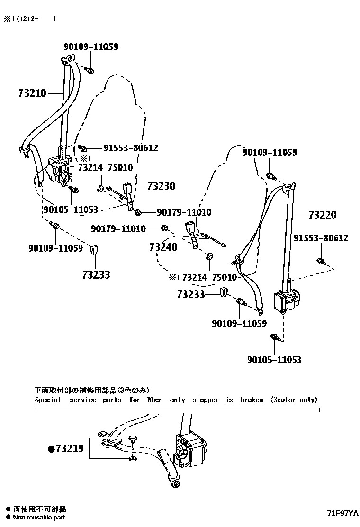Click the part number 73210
pyautogui.click(x=26, y=93)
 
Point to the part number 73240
pyautogui.click(x=163, y=247)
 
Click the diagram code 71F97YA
pyautogui.click(x=342, y=513)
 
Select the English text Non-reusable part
pyautogui.click(x=39, y=518)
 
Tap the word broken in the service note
pyautogui.click(x=251, y=400)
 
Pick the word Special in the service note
pyautogui.click(x=48, y=400)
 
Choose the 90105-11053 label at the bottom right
pyautogui.click(x=274, y=360)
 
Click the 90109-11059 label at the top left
pyautogui.click(x=91, y=46)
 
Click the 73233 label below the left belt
pyautogui.click(x=96, y=274)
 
